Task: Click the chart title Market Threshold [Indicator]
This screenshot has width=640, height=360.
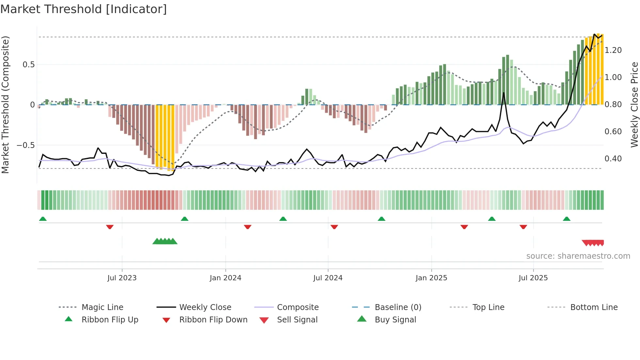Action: [84, 9]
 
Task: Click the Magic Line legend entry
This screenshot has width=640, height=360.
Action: [102, 307]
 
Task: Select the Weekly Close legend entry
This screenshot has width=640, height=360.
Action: [205, 307]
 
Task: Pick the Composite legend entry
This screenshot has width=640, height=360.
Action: [298, 307]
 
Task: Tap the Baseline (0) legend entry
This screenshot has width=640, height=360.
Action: [398, 307]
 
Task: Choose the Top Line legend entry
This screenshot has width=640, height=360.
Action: [488, 307]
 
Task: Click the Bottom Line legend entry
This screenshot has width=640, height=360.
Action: [594, 307]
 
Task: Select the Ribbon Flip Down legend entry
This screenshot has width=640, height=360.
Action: [213, 319]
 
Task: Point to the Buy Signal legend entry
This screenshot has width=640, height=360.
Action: [395, 319]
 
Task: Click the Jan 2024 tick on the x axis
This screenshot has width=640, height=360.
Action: [225, 278]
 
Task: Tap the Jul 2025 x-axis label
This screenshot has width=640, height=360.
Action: [533, 278]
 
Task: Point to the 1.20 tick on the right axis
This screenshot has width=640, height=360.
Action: [613, 50]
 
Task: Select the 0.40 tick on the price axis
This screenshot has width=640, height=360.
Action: [613, 158]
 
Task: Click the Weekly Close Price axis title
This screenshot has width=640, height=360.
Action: [634, 105]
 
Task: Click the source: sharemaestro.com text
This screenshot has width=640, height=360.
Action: [578, 256]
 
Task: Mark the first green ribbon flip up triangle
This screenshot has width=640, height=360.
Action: [43, 219]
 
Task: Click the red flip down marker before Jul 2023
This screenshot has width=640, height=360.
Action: [110, 227]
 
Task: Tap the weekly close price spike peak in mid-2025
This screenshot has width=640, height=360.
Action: [504, 93]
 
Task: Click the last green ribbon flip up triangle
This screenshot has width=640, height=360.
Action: [567, 219]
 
